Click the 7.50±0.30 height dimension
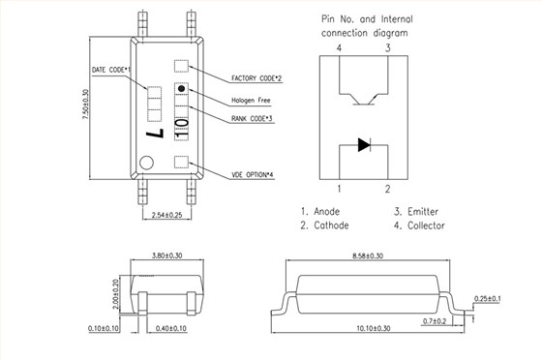click(x=85, y=105)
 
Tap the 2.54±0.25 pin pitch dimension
click(x=166, y=215)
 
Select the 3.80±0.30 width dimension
click(x=166, y=255)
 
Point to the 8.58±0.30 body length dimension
click(x=368, y=255)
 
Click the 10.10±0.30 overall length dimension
click(x=374, y=328)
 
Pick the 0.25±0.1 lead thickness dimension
click(x=488, y=298)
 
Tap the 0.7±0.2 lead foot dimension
click(x=435, y=321)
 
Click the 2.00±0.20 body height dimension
click(x=115, y=294)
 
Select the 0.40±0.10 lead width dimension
click(x=171, y=328)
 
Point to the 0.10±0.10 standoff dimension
click(x=104, y=328)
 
